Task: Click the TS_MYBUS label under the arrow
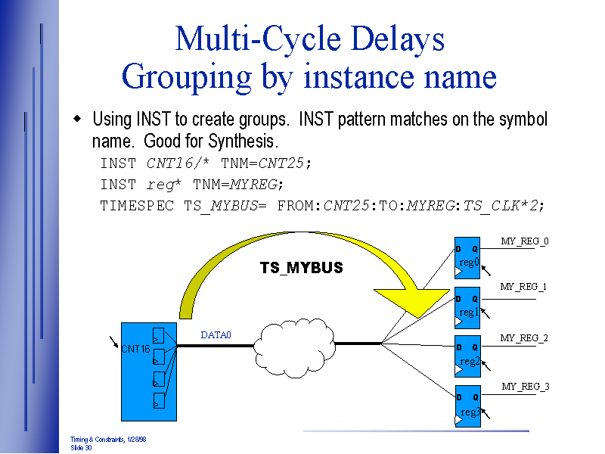[301, 268]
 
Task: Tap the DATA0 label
[216, 335]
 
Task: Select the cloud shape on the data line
[294, 344]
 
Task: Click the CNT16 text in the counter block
[135, 349]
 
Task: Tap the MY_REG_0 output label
[525, 241]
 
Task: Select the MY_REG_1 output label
[523, 287]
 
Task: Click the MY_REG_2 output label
[524, 338]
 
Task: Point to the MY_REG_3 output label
[526, 387]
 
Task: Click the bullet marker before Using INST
[77, 120]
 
